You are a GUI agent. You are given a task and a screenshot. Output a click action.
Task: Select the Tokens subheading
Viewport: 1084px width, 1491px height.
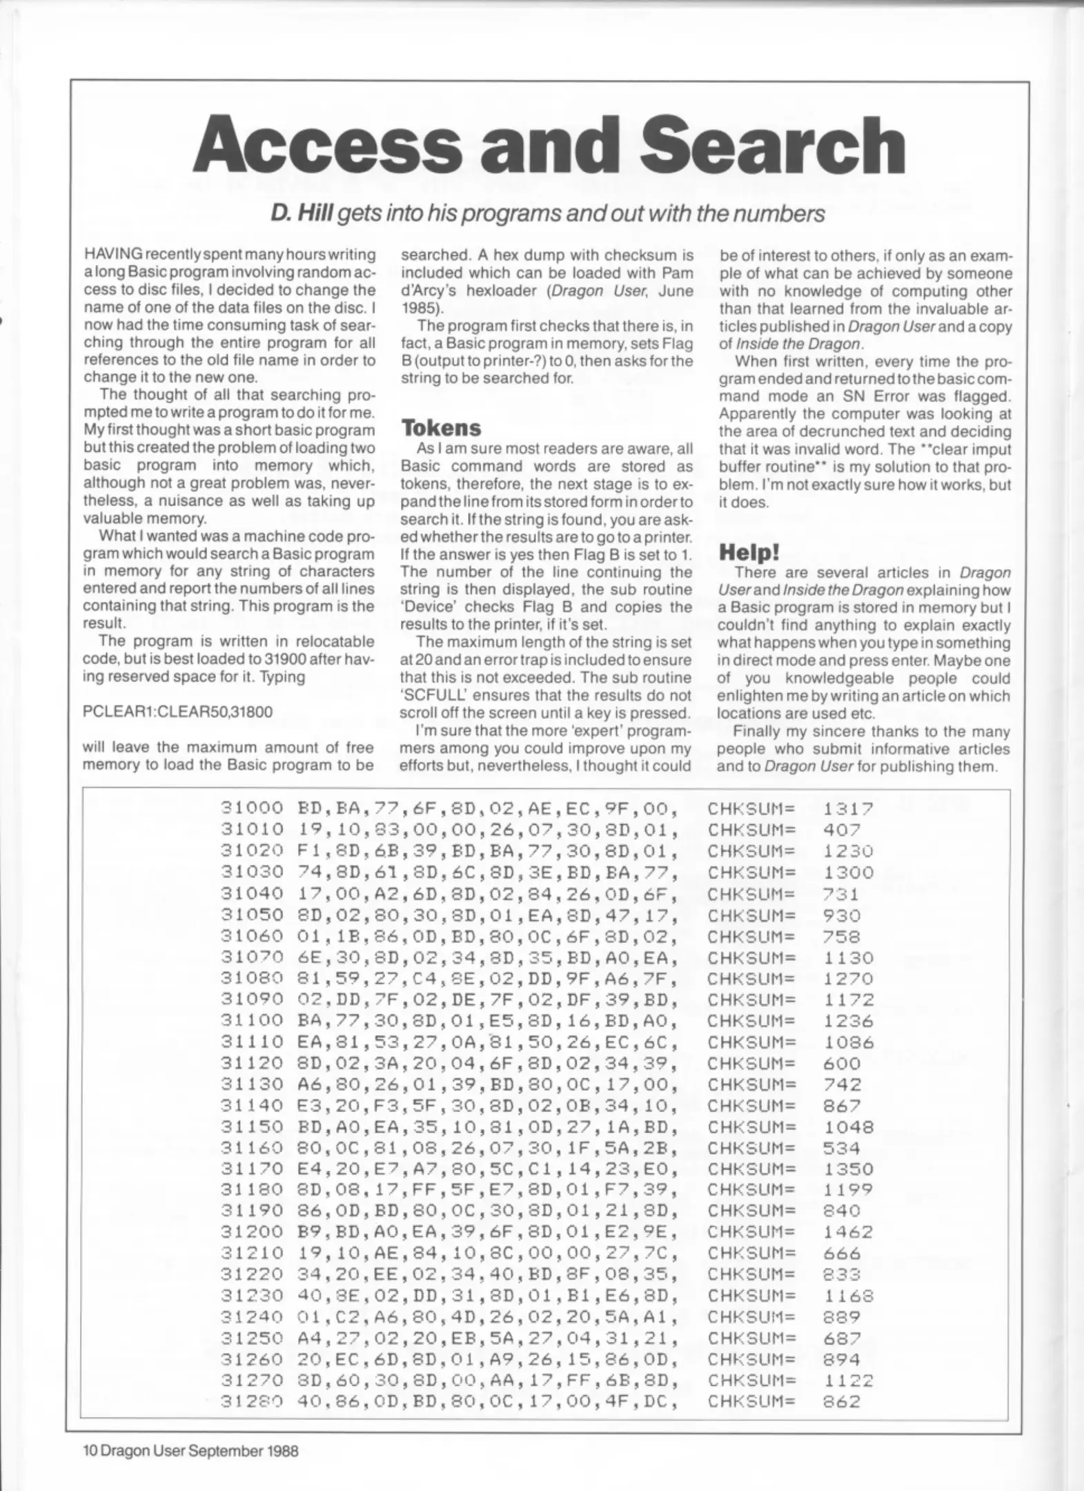pyautogui.click(x=441, y=428)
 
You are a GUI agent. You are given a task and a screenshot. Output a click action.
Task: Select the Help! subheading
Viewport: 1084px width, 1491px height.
pyautogui.click(x=749, y=552)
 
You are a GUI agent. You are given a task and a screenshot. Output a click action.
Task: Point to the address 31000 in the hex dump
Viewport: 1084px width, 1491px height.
pyautogui.click(x=252, y=808)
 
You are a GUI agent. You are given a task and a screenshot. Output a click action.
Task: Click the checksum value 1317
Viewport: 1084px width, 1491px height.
pyautogui.click(x=848, y=808)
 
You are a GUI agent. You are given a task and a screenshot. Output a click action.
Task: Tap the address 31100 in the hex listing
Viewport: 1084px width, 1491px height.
pyautogui.click(x=252, y=1020)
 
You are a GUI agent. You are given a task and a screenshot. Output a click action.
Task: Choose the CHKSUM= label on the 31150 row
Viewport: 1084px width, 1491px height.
pyautogui.click(x=751, y=1126)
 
